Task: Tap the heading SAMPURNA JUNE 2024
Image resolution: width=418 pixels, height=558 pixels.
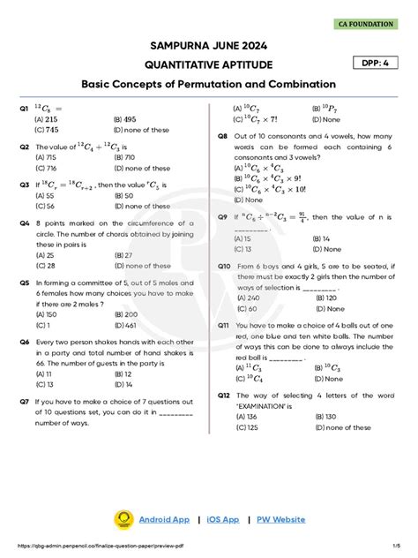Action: click(209, 45)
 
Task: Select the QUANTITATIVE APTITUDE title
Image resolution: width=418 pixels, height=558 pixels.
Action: click(209, 64)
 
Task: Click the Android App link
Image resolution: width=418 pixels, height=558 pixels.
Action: click(164, 519)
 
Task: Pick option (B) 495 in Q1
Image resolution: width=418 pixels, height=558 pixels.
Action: click(124, 118)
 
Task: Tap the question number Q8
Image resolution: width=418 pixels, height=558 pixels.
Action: click(223, 136)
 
